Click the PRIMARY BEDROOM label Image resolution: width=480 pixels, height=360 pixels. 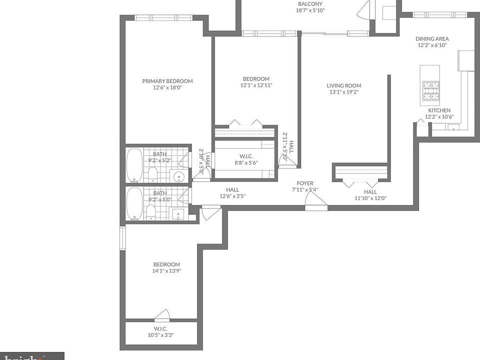point(167,81)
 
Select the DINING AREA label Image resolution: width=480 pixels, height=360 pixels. point(432,38)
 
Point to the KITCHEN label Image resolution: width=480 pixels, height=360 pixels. point(439,110)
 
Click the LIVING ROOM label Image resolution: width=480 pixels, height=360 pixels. point(344,85)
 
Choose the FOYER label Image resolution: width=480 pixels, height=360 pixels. point(305,183)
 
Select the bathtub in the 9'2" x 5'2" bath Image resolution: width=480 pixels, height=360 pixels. point(134,165)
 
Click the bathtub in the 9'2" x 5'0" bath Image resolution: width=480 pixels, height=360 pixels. point(134,203)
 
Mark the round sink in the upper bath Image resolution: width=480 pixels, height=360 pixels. point(178,176)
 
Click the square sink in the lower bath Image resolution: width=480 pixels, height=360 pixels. point(178,214)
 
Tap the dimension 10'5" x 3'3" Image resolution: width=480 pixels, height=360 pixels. point(160,335)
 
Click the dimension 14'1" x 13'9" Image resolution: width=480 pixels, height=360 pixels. point(166,271)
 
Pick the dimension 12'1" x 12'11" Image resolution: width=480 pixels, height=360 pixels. point(256,85)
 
